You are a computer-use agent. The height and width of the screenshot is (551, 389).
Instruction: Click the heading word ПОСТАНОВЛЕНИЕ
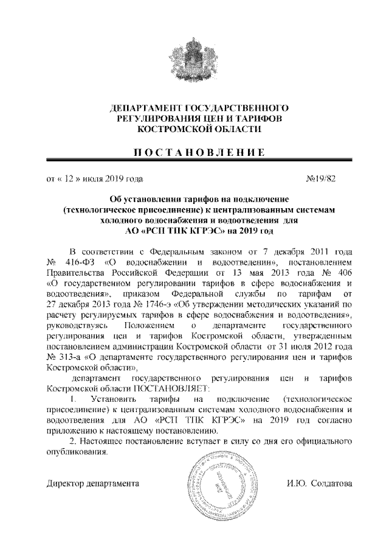point(194,152)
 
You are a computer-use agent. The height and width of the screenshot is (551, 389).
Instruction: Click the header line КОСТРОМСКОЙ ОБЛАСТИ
point(194,130)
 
